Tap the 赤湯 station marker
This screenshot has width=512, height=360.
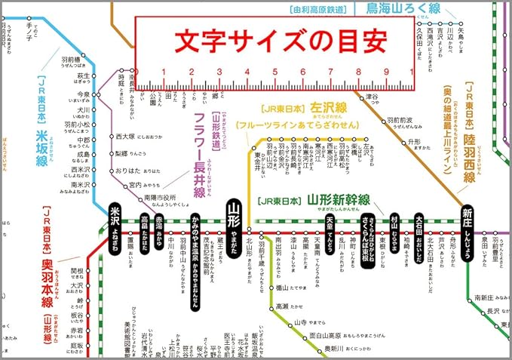tap(159, 224)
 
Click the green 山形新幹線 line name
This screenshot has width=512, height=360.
tap(339, 200)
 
